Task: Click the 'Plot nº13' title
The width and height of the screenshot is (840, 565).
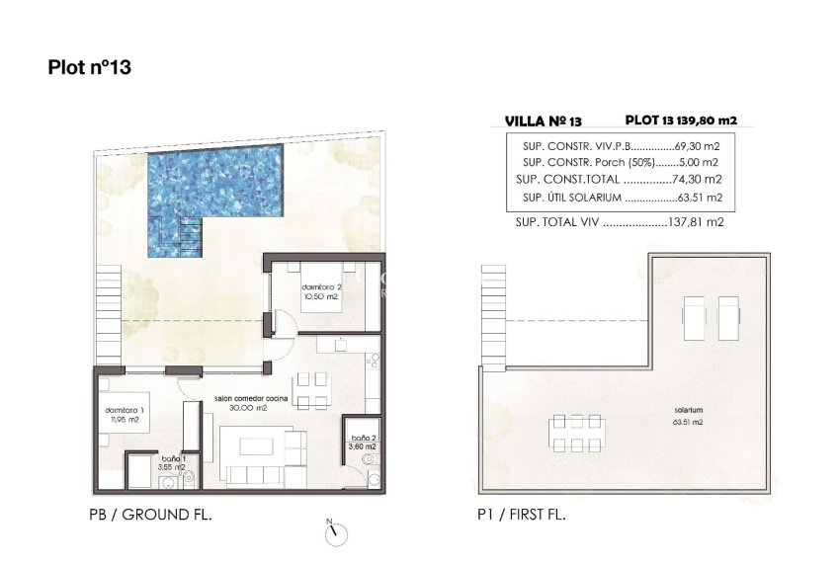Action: tap(90, 67)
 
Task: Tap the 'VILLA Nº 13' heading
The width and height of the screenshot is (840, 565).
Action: tap(543, 121)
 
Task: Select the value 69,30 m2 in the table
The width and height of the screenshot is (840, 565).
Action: tap(700, 145)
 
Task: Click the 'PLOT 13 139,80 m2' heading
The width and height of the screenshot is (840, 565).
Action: tap(681, 120)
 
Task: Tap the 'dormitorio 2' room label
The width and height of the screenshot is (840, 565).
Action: tap(320, 286)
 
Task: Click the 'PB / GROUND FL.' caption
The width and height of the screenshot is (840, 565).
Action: tap(150, 516)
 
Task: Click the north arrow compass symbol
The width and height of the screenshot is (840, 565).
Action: tap(337, 532)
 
